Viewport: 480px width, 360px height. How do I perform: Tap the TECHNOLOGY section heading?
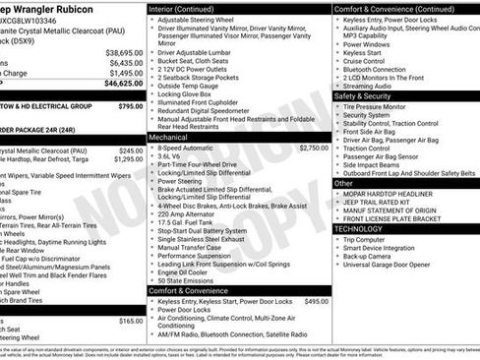click(358, 228)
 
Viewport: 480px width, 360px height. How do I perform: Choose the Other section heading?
click(343, 183)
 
